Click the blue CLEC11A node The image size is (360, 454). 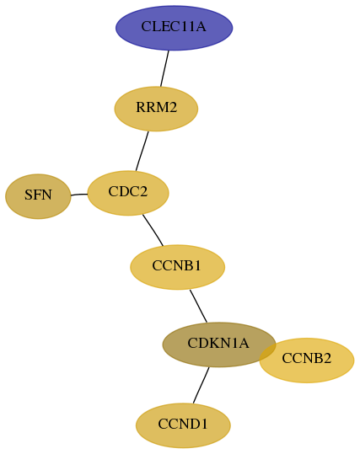[x=174, y=28]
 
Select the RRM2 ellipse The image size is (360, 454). [x=156, y=109]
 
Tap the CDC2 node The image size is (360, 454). [x=128, y=193]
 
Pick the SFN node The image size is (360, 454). [x=38, y=196]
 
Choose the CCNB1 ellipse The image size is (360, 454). [x=177, y=267]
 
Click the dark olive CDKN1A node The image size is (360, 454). [x=219, y=345]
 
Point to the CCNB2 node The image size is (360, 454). [x=307, y=361]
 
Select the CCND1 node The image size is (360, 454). [x=183, y=425]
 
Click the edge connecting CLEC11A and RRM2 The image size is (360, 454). [x=164, y=68]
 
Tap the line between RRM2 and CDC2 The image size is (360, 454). [x=142, y=151]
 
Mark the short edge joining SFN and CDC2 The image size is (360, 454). [x=79, y=195]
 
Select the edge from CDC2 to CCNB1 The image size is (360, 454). [x=153, y=230]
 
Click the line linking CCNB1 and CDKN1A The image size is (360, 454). [x=198, y=306]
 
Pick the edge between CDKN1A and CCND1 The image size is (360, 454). [x=201, y=386]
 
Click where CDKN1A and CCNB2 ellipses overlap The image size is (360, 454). [x=268, y=352]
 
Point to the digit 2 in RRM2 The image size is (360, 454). [x=173, y=108]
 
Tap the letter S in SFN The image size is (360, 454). [x=28, y=195]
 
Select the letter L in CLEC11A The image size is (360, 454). [x=155, y=26]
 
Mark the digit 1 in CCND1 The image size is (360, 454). [x=204, y=425]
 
